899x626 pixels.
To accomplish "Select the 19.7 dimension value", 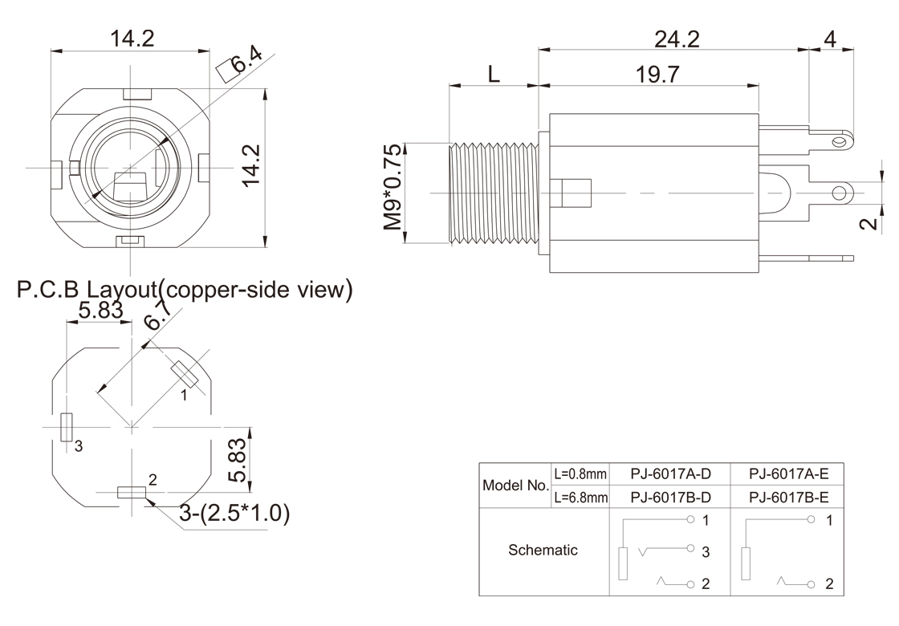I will (x=657, y=75).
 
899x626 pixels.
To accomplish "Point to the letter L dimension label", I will (x=494, y=75).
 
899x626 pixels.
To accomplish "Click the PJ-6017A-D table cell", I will (x=671, y=474).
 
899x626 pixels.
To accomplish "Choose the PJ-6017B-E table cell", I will (x=788, y=497).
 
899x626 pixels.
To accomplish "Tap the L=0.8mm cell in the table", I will (x=581, y=474).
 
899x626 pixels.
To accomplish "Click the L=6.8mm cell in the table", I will (x=581, y=497).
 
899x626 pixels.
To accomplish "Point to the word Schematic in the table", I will (x=543, y=551).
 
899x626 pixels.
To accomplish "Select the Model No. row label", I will (x=515, y=486).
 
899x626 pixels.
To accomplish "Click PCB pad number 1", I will (x=185, y=374).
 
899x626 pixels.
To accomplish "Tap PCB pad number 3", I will (x=67, y=427).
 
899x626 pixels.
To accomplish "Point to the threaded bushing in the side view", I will (x=491, y=193).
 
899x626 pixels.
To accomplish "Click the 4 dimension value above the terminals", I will (x=830, y=39).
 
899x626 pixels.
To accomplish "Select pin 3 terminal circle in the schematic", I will (x=690, y=550).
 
